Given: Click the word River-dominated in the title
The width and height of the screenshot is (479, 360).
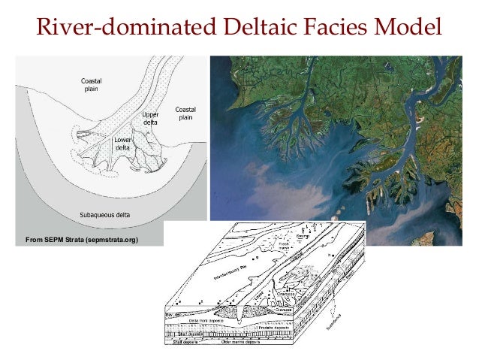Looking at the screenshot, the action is point(122,29).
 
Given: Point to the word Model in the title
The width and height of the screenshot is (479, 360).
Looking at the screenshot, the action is point(410,29).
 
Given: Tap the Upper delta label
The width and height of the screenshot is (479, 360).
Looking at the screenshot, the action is point(150,119).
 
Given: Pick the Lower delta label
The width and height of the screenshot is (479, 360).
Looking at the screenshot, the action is point(122,144).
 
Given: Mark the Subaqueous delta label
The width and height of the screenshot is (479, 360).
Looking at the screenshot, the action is point(105,214).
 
